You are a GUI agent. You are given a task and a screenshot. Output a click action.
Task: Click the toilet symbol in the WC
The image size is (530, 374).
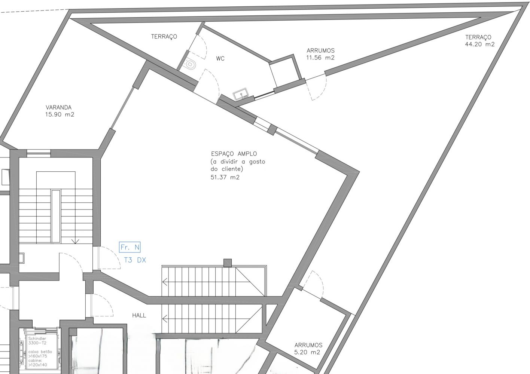[x=190, y=64]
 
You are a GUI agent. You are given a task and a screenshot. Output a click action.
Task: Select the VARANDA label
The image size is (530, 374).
[x=59, y=107]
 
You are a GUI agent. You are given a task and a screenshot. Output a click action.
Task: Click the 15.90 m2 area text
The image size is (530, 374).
[x=60, y=115]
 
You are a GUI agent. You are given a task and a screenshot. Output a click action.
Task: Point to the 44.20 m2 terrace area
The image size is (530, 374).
[x=480, y=44]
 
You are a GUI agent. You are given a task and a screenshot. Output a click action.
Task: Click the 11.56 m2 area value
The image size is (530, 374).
[x=320, y=58]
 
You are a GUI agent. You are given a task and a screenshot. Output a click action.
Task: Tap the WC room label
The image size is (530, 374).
[x=220, y=59]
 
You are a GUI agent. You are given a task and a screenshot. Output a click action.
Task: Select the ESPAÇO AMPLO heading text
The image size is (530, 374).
[x=234, y=154]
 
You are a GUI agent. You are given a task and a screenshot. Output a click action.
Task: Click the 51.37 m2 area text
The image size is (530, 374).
[x=225, y=177]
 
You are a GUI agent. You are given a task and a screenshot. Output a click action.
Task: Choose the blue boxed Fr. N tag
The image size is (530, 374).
[x=130, y=247]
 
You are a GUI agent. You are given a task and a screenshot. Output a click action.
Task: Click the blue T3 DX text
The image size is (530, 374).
[x=135, y=260]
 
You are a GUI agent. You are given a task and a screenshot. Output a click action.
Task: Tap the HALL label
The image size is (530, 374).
[x=139, y=315]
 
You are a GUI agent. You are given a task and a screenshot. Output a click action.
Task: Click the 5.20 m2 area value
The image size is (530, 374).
[x=307, y=352]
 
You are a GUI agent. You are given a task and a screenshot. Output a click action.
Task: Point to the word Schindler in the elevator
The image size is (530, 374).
[x=37, y=338]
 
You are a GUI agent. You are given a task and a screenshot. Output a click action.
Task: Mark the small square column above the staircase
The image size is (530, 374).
[x=228, y=263]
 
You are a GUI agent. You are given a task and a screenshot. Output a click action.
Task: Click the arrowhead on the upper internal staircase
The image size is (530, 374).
[x=165, y=282]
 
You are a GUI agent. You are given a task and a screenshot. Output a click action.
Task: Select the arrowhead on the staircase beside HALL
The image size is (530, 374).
[x=165, y=319]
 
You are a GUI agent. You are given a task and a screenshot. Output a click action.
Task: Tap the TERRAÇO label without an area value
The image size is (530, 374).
[x=164, y=37]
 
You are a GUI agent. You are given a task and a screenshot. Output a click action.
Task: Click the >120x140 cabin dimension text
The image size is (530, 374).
[x=38, y=365]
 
